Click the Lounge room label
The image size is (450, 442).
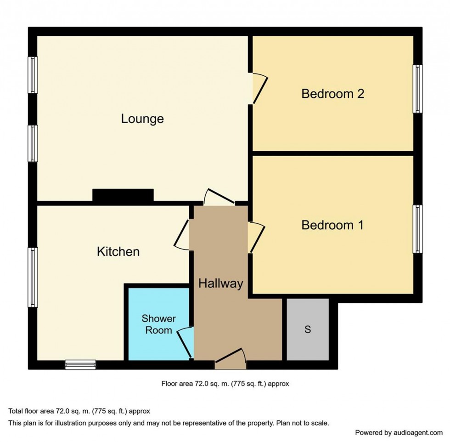click(142, 119)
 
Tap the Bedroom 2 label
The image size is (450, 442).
click(332, 94)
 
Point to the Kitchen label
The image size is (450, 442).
click(118, 252)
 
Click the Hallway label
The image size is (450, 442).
click(220, 284)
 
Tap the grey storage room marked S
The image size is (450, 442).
click(308, 329)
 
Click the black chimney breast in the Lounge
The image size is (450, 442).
click(123, 195)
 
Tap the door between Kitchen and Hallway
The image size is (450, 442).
click(183, 234)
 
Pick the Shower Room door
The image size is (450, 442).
click(186, 342)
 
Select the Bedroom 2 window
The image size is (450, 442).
click(417, 89)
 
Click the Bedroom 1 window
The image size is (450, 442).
click(417, 229)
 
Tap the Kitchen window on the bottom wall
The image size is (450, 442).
click(80, 365)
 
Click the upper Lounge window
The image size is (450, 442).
click(33, 75)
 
